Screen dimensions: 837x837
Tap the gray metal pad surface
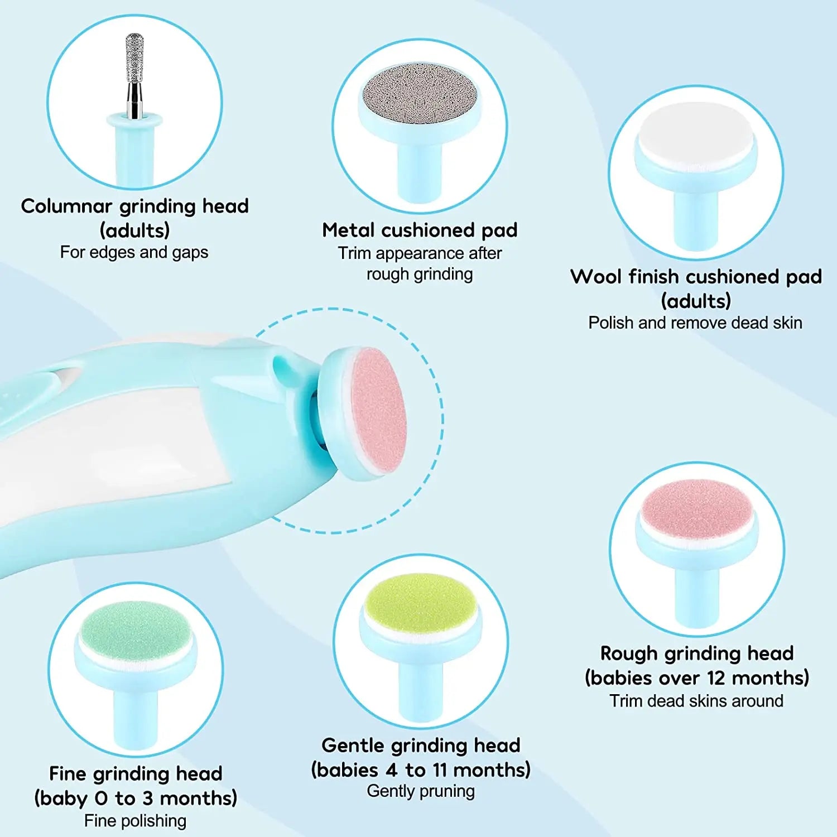pos(420,98)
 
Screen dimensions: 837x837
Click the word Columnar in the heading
pos(66,206)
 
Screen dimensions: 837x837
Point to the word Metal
pos(349,230)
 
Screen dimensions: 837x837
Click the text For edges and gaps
pos(134,252)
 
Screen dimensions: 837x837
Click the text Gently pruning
pos(421,791)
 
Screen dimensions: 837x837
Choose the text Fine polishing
pos(135,821)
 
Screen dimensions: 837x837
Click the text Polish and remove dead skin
pos(695,323)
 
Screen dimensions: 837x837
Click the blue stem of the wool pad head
pos(696,218)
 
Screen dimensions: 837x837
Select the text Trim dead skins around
pos(696,701)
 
